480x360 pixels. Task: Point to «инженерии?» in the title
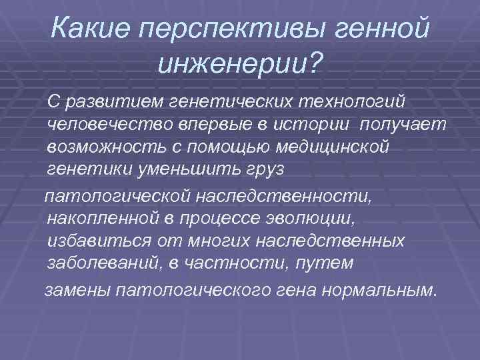point(241,63)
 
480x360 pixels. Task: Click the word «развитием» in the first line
point(109,101)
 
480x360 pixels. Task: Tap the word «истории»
point(306,124)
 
